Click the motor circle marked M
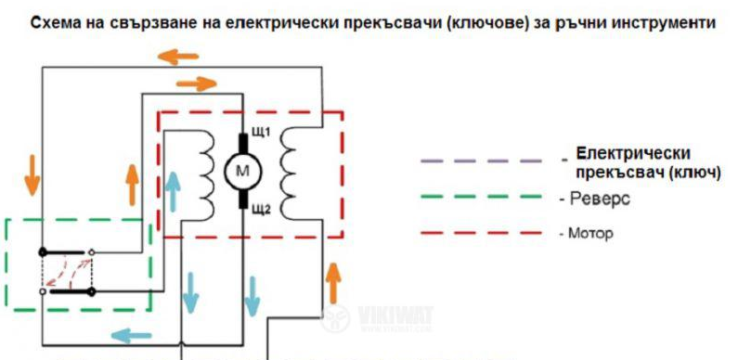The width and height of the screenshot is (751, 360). coord(243,171)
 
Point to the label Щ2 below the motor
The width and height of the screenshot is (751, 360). coord(261,209)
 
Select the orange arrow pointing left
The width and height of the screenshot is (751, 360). coord(177,57)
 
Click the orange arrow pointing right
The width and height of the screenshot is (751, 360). coord(197,84)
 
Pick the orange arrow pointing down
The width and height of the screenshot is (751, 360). coord(32,174)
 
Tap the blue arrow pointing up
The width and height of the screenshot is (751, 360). coord(173,191)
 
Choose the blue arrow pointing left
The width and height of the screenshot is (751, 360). coord(131,336)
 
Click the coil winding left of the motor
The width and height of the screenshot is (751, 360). coord(207,174)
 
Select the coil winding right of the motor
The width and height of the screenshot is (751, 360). coord(289,174)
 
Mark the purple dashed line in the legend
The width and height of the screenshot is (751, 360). coord(481,161)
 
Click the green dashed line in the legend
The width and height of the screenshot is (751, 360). coord(481,197)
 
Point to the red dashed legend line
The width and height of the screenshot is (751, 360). coord(481,233)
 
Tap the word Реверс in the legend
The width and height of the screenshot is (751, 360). coord(599,199)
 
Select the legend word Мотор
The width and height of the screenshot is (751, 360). coord(590,234)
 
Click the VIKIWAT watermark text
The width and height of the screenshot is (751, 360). coord(395,316)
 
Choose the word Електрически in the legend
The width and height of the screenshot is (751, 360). coord(634,154)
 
